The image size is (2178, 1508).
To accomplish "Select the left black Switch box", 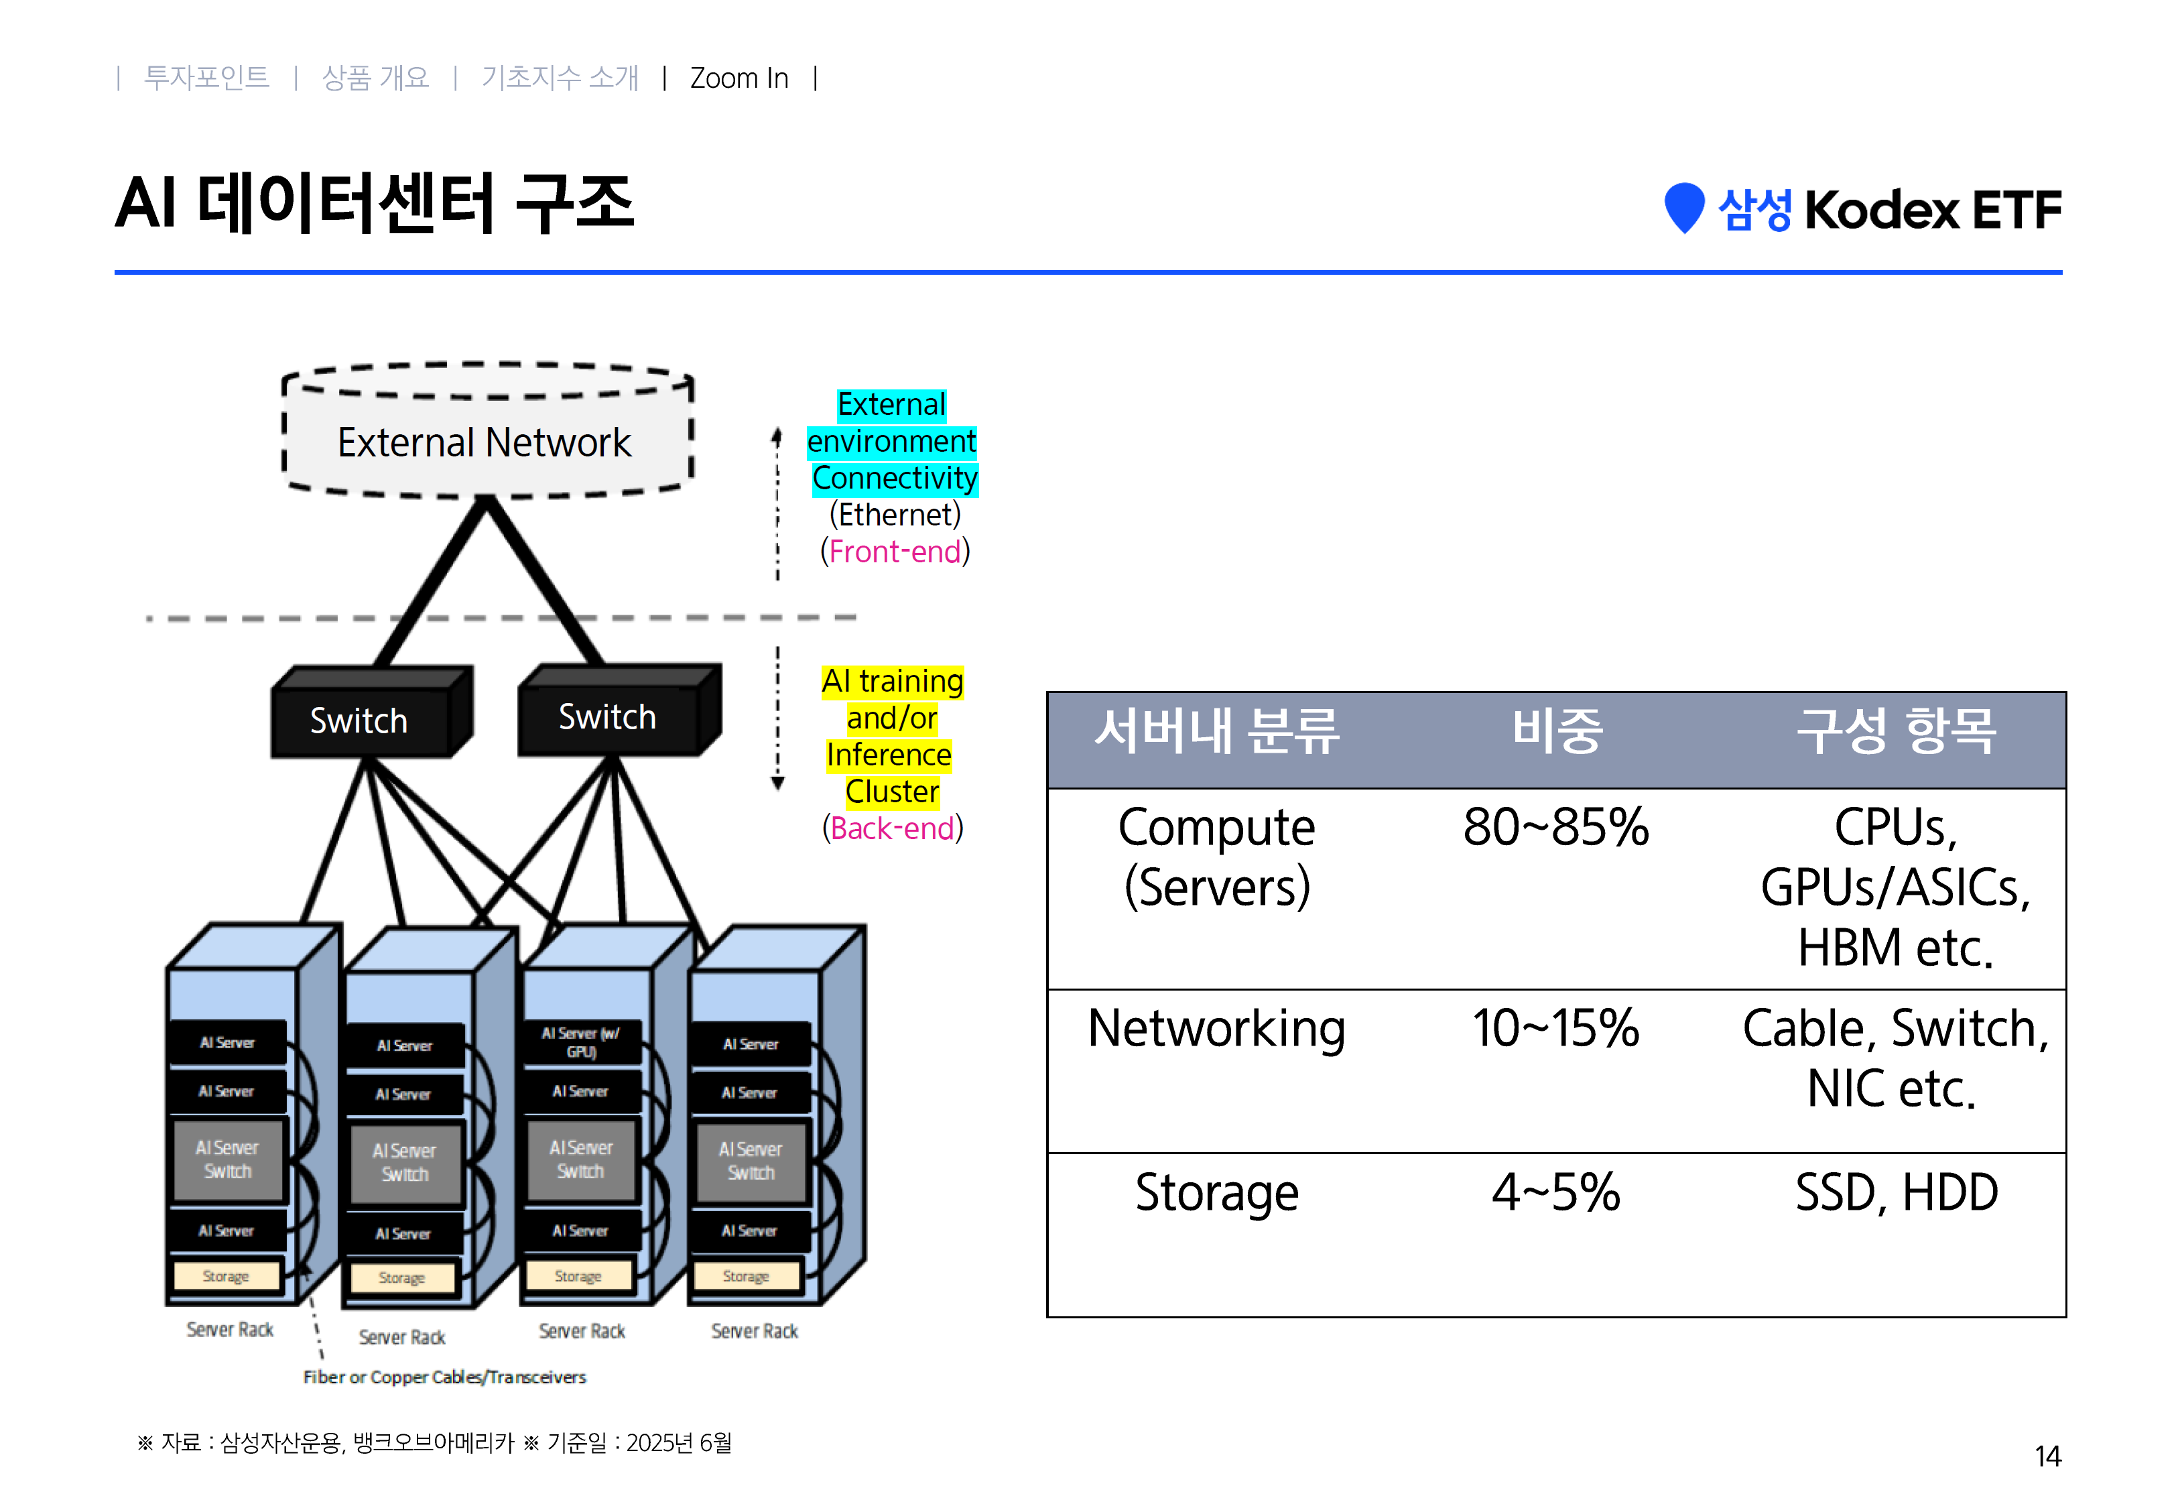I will point(360,720).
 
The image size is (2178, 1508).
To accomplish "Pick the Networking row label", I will point(1216,1028).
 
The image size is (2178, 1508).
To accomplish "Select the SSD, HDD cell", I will point(1896,1192).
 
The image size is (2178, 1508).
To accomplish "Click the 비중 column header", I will point(1557,731).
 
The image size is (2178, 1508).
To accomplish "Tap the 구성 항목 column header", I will point(1896,731).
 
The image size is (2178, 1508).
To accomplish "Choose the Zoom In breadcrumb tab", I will point(739,78).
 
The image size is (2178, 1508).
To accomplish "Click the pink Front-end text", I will point(895,551).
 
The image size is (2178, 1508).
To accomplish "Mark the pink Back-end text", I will point(893,828).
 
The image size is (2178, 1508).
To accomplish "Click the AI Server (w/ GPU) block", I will point(581,1042).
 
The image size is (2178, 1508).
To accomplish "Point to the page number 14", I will point(2047,1456).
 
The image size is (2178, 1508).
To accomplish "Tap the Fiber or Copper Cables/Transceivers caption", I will point(444,1377).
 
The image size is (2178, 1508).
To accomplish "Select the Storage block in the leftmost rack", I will point(226,1275).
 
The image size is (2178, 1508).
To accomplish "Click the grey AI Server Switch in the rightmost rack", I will point(751,1160).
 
